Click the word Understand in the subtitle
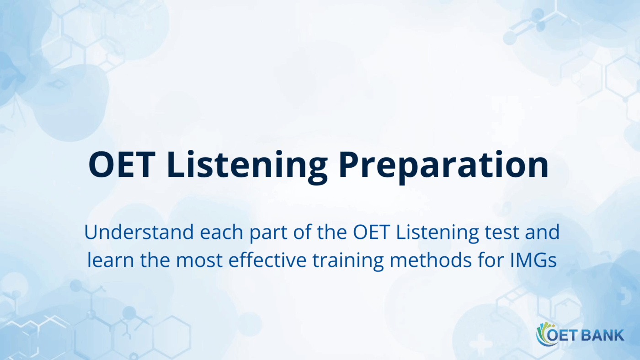(x=139, y=233)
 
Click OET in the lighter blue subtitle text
(x=371, y=233)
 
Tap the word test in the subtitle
(x=503, y=233)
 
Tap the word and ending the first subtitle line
(x=542, y=233)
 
